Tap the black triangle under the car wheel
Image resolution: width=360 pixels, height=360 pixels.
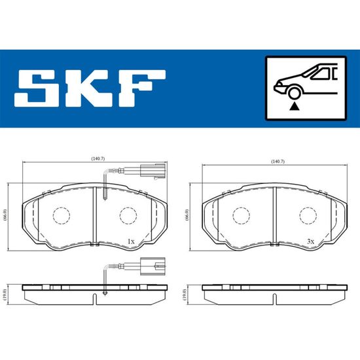coord(295,106)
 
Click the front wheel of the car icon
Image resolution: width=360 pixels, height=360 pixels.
coord(294,94)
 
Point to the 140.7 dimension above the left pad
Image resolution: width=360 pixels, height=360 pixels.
coord(98,158)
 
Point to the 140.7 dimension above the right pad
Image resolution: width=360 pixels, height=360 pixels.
coord(278,162)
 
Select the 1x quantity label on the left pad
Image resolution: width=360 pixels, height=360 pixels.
coord(131,242)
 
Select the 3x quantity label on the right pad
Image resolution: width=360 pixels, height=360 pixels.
coord(311,242)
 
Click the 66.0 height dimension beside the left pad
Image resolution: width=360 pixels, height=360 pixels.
coord(5,215)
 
